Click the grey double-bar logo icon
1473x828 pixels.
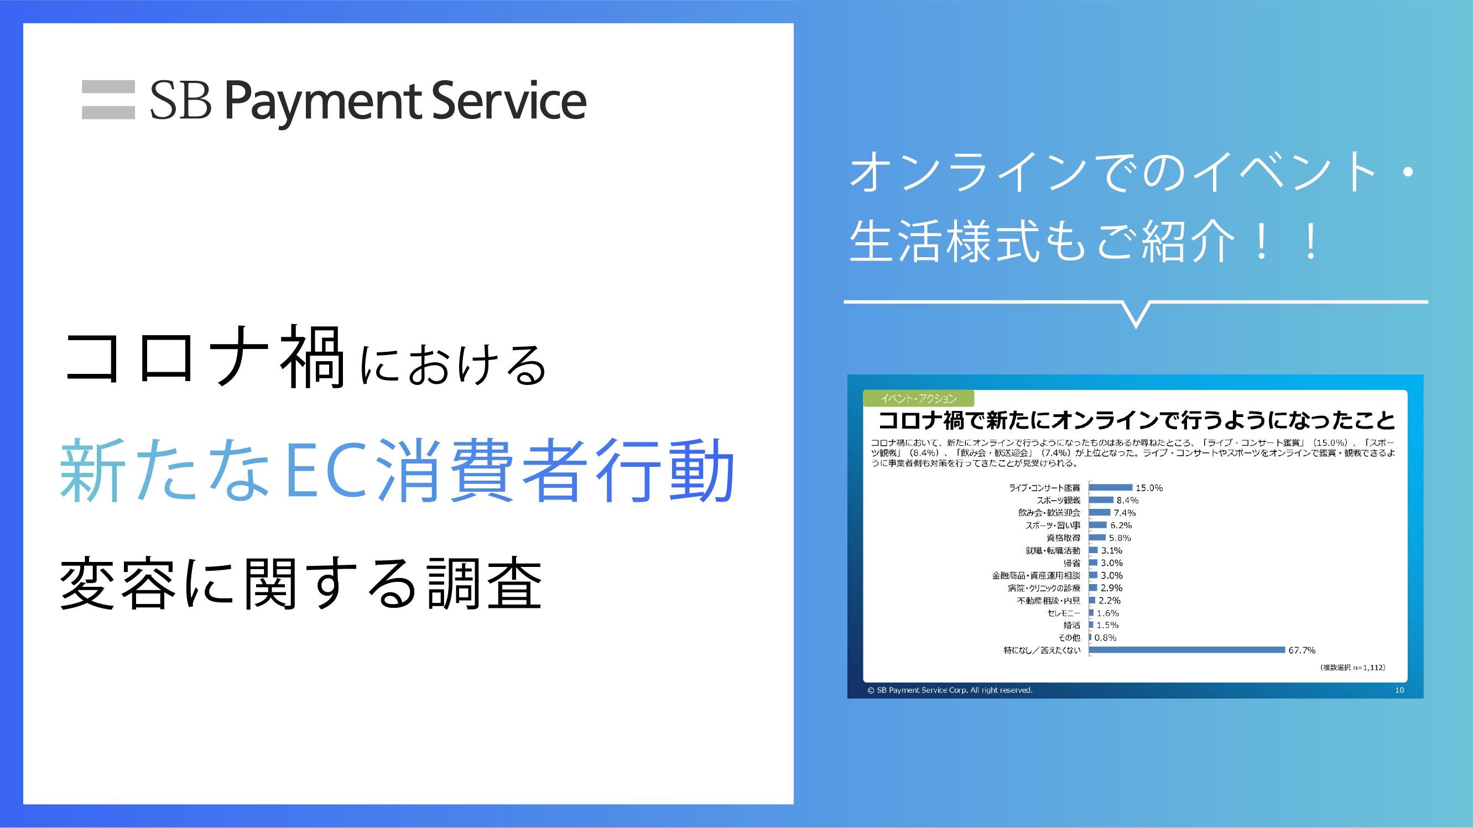coord(108,100)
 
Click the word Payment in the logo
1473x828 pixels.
coord(323,102)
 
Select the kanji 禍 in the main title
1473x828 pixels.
coord(312,356)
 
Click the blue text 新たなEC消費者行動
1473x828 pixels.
coord(397,470)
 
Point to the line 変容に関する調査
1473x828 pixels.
coord(301,582)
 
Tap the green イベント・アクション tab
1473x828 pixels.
coord(918,399)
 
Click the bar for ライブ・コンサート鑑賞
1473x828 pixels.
coord(1111,487)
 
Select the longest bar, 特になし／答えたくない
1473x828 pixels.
coord(1187,649)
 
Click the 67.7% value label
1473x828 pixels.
coord(1302,650)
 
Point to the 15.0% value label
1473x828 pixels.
coord(1149,488)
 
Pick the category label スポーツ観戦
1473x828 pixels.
coord(1059,501)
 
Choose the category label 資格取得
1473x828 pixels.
coord(1063,538)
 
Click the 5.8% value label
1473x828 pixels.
coord(1120,538)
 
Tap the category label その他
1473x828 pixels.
coord(1069,638)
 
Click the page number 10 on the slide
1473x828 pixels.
coord(1399,690)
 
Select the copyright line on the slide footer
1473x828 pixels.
coord(950,690)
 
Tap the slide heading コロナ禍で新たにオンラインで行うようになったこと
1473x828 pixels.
coord(1136,420)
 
